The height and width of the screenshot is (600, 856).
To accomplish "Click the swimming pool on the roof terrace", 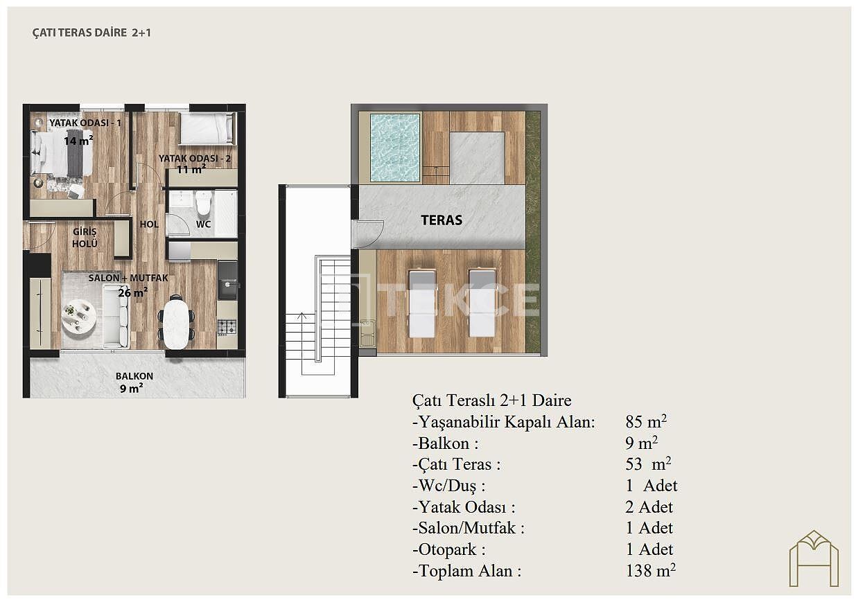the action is pyautogui.click(x=396, y=148).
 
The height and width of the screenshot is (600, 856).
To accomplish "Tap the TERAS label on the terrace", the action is pyautogui.click(x=442, y=220).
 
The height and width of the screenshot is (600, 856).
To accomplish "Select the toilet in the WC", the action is pyautogui.click(x=203, y=203).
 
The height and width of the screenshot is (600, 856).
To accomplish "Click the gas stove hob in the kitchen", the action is pyautogui.click(x=227, y=327).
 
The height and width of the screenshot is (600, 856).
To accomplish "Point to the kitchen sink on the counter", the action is pyautogui.click(x=228, y=285).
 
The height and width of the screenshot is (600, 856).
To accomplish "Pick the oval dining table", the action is pyautogui.click(x=176, y=324).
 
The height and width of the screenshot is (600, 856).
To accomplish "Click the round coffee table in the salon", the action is pyautogui.click(x=79, y=318).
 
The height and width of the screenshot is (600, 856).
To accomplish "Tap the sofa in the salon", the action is pyautogui.click(x=116, y=321).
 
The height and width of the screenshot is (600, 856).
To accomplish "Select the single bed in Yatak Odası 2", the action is pyautogui.click(x=207, y=129).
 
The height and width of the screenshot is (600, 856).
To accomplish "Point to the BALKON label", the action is pyautogui.click(x=134, y=376).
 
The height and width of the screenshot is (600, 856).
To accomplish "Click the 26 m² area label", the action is pyautogui.click(x=132, y=292).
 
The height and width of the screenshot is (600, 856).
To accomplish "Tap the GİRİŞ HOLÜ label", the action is pyautogui.click(x=85, y=237).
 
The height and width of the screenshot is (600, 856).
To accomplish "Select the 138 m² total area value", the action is pyautogui.click(x=650, y=571).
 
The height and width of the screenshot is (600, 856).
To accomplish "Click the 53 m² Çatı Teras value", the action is pyautogui.click(x=648, y=464).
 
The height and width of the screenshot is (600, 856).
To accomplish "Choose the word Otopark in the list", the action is pyautogui.click(x=448, y=549).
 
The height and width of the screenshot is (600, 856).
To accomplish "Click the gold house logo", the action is pyautogui.click(x=814, y=558).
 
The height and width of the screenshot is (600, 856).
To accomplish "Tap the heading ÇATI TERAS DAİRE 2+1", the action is pyautogui.click(x=91, y=33).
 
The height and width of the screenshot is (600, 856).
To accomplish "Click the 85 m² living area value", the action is pyautogui.click(x=646, y=422).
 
